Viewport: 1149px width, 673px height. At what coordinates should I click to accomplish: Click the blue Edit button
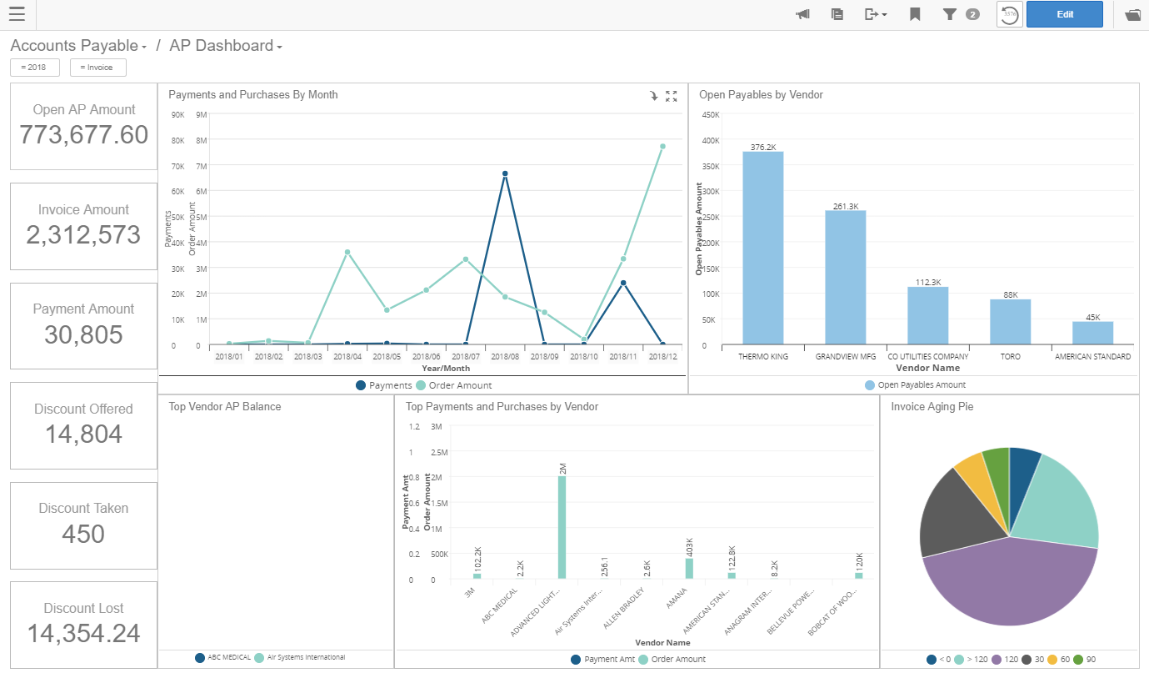click(x=1064, y=14)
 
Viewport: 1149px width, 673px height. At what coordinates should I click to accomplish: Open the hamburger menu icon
click(x=17, y=14)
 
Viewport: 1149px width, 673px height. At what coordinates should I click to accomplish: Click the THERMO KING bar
click(x=762, y=248)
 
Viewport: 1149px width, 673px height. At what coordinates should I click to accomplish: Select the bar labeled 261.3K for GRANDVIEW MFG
click(x=845, y=277)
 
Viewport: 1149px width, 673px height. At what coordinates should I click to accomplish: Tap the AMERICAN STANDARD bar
click(x=1092, y=333)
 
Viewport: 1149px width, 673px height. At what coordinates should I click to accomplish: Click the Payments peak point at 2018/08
click(x=505, y=173)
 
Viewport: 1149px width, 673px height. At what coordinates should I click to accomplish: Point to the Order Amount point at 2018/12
click(x=662, y=146)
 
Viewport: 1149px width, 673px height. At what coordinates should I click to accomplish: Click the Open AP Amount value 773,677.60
click(x=83, y=134)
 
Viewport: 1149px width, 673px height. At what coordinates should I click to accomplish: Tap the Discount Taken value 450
click(x=83, y=534)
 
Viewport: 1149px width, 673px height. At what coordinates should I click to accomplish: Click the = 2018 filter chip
click(x=34, y=68)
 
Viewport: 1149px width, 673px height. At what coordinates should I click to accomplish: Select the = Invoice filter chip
click(x=97, y=68)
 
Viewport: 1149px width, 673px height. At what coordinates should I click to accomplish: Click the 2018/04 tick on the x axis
click(x=347, y=356)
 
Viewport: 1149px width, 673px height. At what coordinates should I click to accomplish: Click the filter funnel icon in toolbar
click(x=949, y=14)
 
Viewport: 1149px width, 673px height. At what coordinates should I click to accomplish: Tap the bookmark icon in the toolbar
click(x=915, y=14)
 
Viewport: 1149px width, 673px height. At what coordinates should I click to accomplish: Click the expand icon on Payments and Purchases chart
click(x=672, y=96)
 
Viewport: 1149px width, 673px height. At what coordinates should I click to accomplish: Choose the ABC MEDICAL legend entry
click(x=222, y=657)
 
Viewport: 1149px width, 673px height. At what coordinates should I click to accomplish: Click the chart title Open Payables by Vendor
click(x=761, y=95)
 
